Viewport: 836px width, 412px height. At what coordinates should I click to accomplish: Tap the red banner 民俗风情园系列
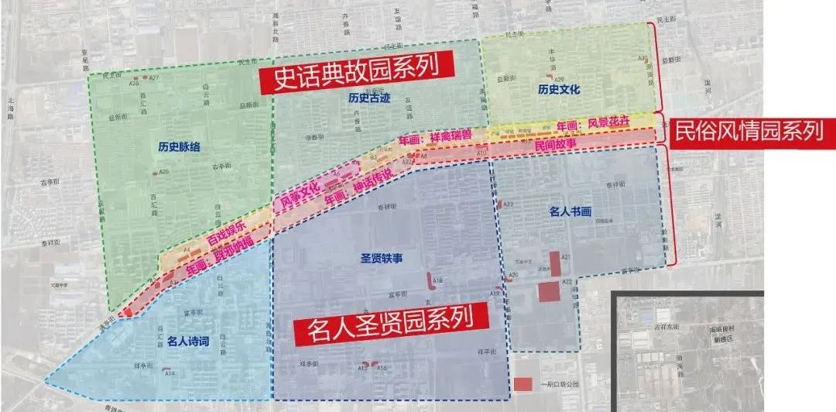749,131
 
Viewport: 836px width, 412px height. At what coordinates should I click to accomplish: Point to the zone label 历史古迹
369,98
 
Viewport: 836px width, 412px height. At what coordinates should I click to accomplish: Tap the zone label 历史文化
559,90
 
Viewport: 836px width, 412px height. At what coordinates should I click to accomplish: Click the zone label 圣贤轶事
382,258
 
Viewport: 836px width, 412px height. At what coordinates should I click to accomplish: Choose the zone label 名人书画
570,211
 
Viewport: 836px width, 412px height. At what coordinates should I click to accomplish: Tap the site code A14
170,374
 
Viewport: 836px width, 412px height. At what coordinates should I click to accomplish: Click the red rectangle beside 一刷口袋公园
523,384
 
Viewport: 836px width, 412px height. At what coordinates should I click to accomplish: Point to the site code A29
559,80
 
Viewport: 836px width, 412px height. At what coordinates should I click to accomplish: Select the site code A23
509,204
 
